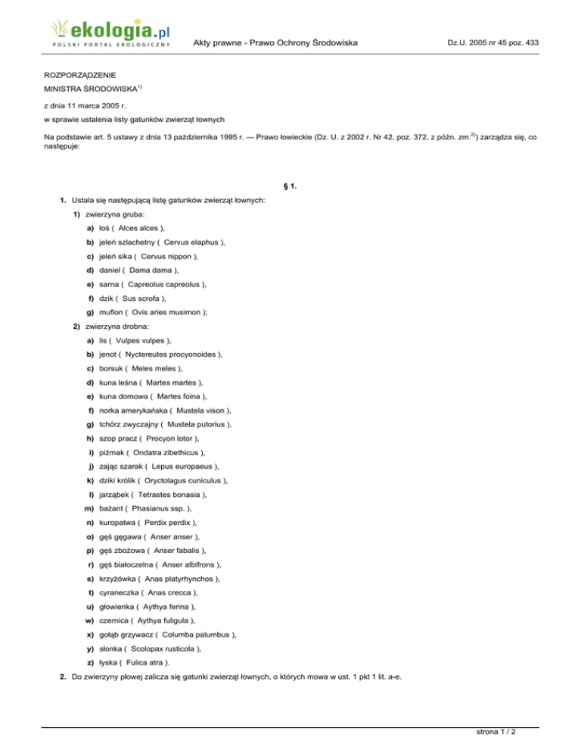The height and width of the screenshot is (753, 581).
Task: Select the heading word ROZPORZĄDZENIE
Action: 79,77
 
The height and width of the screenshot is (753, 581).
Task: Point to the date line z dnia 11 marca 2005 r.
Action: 85,105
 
